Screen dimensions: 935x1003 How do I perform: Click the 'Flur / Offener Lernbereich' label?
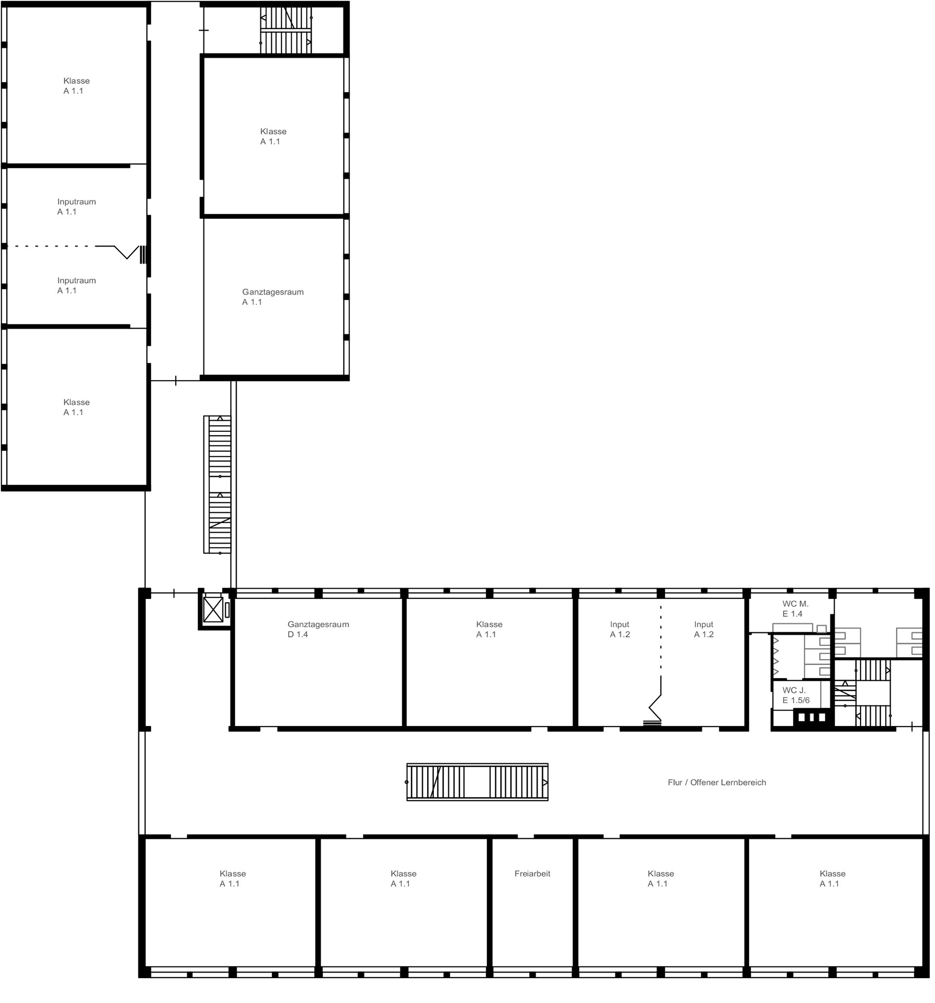(x=716, y=782)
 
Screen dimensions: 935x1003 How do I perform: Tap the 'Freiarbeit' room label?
(x=532, y=873)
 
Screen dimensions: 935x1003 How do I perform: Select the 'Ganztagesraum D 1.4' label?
(x=318, y=629)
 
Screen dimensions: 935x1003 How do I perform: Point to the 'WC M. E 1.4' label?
(x=795, y=609)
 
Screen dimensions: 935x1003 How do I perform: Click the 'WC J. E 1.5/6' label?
(x=796, y=695)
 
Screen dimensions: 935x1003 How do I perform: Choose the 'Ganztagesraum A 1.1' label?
(x=273, y=297)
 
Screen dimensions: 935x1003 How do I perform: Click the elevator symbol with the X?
(x=213, y=610)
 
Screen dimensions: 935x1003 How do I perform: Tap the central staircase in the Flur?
(x=477, y=782)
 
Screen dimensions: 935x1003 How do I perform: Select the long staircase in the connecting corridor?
(x=218, y=484)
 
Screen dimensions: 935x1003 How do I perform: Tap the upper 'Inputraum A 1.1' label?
(x=76, y=206)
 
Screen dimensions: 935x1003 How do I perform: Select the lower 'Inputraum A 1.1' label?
(x=76, y=285)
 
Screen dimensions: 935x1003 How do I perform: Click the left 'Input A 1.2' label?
(x=619, y=629)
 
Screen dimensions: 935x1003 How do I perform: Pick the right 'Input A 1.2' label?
(x=703, y=629)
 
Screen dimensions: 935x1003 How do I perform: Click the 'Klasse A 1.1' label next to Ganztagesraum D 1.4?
(x=489, y=629)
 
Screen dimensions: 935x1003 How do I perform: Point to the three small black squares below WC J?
(x=811, y=717)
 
